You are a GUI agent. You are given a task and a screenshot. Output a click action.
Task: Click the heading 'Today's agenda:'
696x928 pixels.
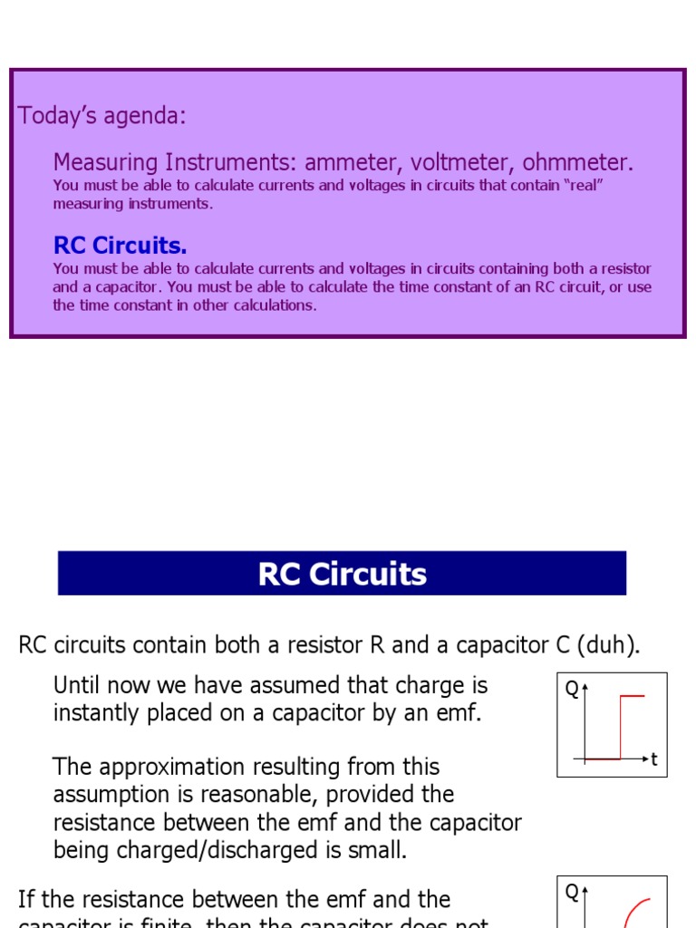(102, 116)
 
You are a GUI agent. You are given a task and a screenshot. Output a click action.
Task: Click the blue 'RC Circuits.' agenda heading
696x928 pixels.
(121, 246)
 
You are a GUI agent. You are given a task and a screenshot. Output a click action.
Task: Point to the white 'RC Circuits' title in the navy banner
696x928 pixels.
(342, 574)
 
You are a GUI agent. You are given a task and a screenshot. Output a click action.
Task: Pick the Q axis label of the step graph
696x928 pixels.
(572, 690)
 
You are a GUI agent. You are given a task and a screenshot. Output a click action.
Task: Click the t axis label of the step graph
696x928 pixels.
(654, 759)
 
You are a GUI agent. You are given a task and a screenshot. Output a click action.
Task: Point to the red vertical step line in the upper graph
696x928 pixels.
(620, 726)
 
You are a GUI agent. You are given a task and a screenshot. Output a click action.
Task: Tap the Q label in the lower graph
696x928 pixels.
(572, 893)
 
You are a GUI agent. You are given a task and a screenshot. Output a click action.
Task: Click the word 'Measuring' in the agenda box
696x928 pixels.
(105, 163)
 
